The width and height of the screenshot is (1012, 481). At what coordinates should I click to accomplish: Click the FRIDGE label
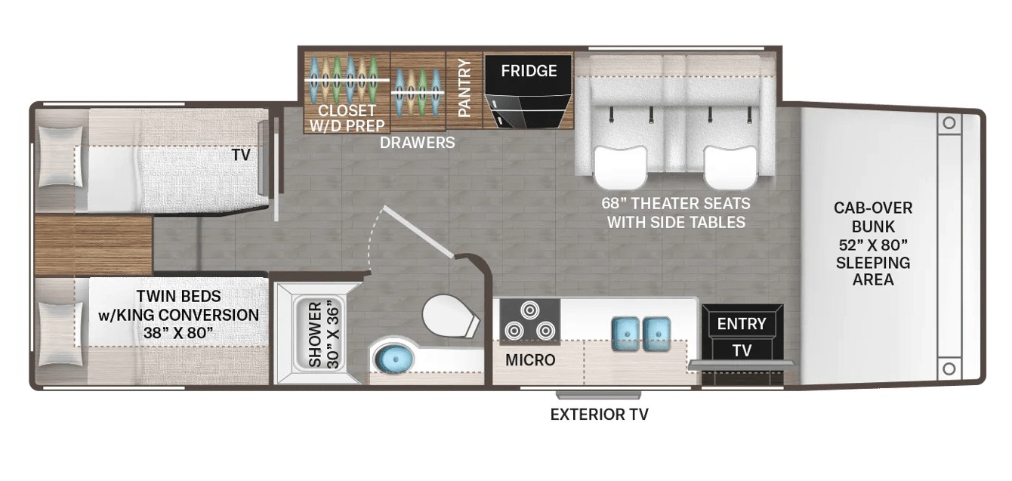coord(529,71)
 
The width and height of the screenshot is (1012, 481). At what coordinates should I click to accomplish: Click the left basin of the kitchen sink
coord(626,333)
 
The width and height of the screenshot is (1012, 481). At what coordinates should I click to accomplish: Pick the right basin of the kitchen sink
coord(657,333)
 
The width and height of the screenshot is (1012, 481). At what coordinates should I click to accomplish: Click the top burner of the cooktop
coord(530,310)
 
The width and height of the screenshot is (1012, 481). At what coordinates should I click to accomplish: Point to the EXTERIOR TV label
coord(599,414)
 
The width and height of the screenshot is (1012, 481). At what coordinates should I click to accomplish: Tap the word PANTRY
coord(464,88)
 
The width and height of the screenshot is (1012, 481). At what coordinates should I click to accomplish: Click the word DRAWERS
coord(417,143)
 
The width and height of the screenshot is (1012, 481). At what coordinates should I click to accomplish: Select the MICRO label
coord(530,360)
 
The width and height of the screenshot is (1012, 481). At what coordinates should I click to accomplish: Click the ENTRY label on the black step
coord(742,324)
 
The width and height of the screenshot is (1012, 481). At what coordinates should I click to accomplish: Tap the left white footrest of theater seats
coord(621,167)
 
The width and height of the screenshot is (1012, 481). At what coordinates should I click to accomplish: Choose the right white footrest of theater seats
coord(730,167)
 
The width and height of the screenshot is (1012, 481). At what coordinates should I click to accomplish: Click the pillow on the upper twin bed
coord(61,156)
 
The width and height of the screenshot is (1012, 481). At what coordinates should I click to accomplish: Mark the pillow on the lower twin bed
coord(61,334)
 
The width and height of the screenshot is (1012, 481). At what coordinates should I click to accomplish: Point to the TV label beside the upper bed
coord(241,156)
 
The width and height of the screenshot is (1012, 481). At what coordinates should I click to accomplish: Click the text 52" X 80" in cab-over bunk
coord(873,245)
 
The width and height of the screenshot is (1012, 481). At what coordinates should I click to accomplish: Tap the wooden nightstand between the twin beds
coord(94,245)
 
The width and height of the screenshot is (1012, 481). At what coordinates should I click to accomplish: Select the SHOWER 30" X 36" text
coord(323,335)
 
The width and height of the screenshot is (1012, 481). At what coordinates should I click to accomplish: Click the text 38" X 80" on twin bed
coord(178,333)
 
